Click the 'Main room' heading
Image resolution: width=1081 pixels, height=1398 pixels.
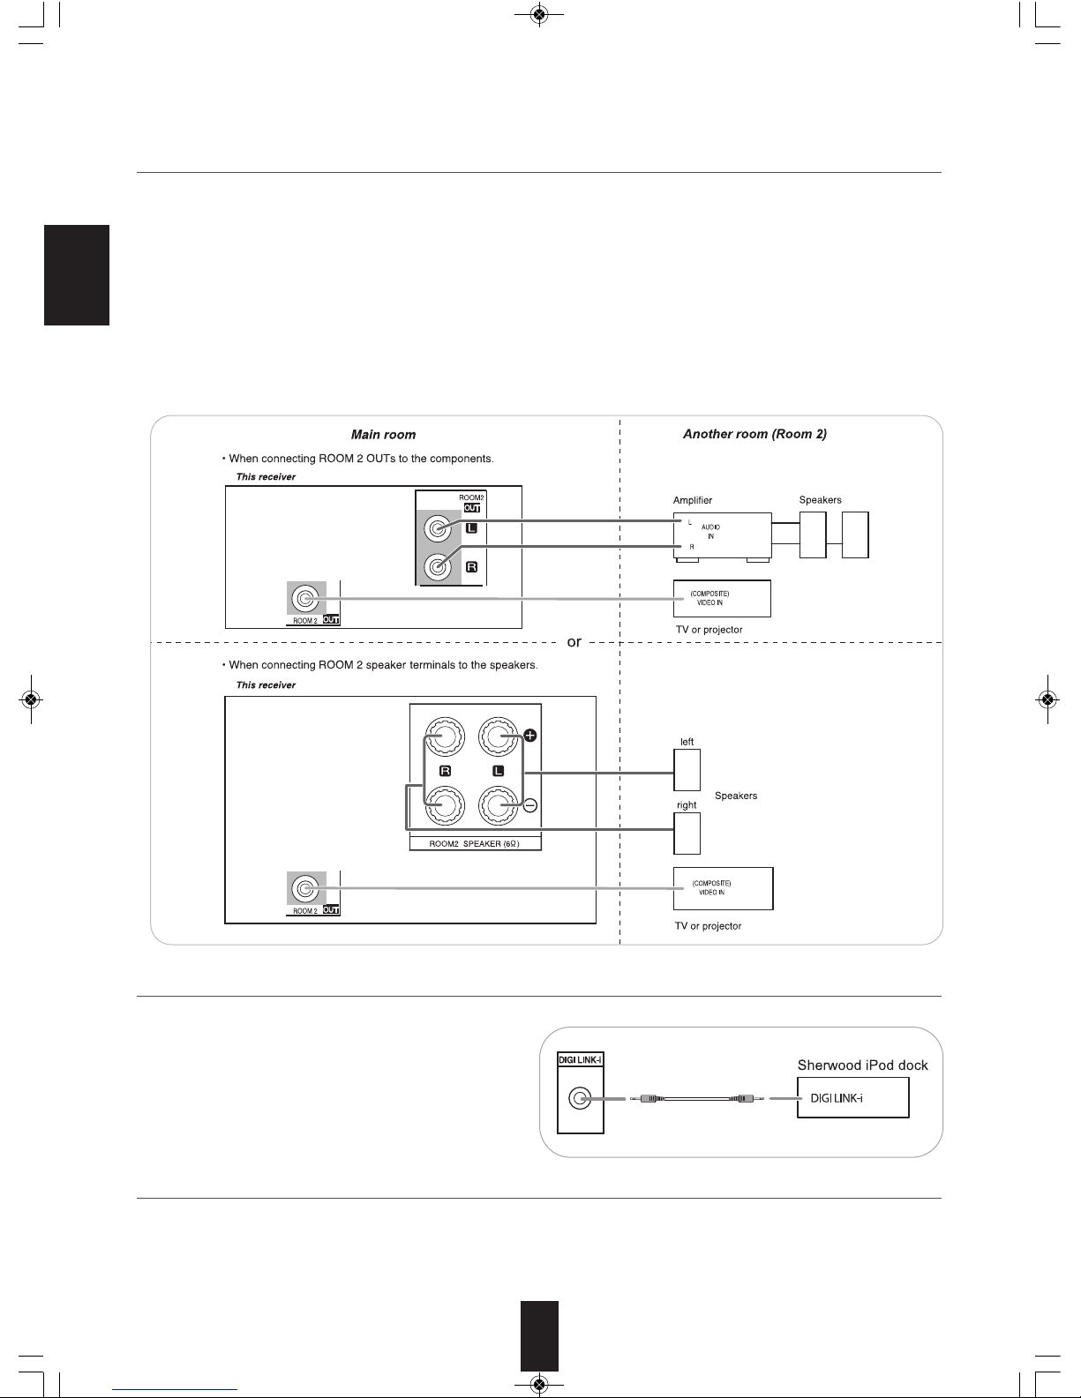tap(383, 435)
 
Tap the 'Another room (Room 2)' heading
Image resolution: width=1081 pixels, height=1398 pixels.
tap(754, 434)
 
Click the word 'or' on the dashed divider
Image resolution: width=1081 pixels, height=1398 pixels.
tap(574, 642)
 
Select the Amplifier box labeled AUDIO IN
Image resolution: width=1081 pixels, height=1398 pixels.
tap(722, 535)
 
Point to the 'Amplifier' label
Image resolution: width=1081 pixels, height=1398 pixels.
tap(693, 500)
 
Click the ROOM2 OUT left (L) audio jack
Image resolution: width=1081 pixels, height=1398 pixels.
tap(438, 529)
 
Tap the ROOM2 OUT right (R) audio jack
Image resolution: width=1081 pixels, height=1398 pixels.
tap(438, 567)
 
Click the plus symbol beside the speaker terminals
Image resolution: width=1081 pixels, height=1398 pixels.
tap(530, 736)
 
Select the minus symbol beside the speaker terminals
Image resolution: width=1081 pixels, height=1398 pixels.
tap(530, 805)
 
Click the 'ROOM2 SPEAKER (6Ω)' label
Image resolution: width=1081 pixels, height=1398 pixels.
tap(474, 843)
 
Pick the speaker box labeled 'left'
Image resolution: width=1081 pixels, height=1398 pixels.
tap(687, 770)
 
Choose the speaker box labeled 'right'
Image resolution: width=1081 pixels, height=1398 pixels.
tap(687, 834)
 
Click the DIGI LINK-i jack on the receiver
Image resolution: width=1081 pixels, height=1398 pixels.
tap(580, 1098)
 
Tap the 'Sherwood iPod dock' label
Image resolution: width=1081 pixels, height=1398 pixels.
tap(862, 1065)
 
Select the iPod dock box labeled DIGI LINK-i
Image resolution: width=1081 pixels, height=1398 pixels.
tap(853, 1098)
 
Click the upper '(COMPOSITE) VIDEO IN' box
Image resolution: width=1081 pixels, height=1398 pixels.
tap(722, 599)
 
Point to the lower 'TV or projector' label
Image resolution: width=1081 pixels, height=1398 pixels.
tap(708, 926)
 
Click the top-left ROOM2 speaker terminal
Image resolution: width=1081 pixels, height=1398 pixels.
tap(445, 736)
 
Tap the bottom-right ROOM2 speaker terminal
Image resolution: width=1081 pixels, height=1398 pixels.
tap(498, 805)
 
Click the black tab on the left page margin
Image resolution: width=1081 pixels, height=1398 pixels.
tap(77, 275)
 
